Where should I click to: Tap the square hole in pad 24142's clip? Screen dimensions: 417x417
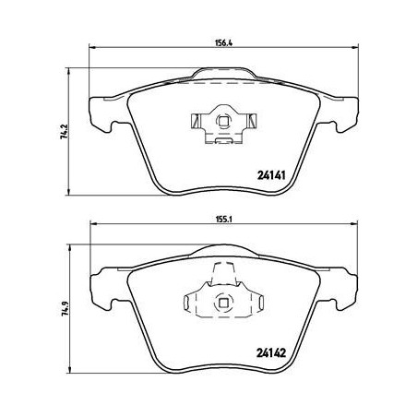pyautogui.click(x=222, y=300)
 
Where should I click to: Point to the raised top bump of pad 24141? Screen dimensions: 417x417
pyautogui.click(x=223, y=73)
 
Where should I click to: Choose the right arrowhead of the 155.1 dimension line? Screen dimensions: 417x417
pyautogui.click(x=354, y=228)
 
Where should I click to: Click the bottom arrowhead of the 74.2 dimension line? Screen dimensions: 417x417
pyautogui.click(x=73, y=193)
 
